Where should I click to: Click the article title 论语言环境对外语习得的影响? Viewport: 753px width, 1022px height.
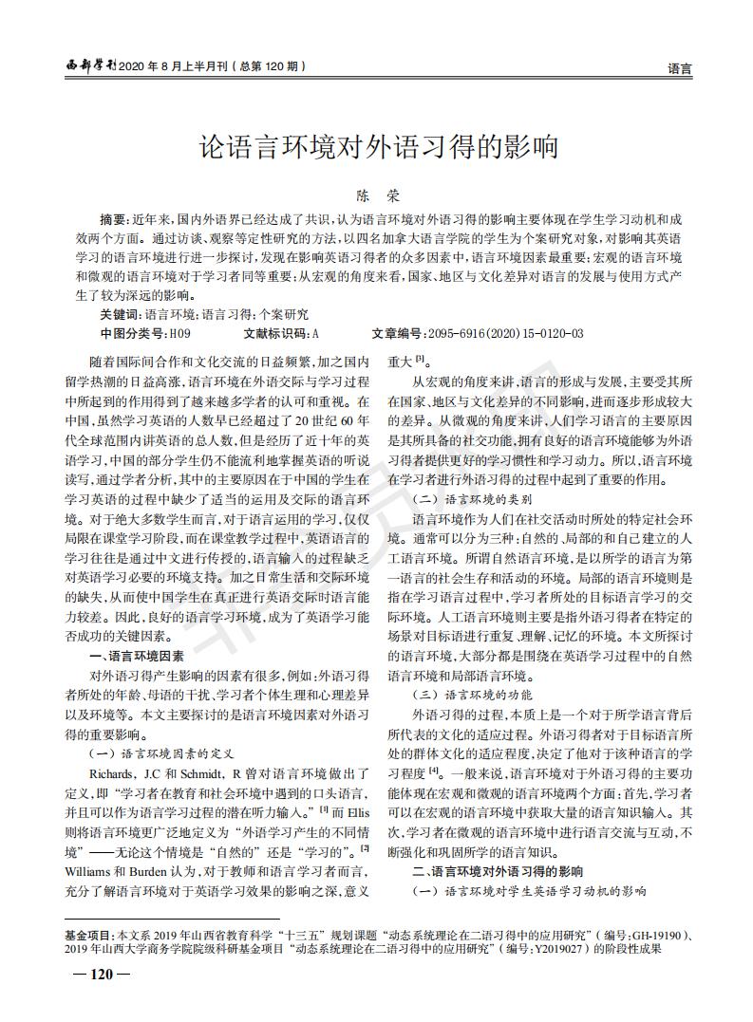click(x=376, y=147)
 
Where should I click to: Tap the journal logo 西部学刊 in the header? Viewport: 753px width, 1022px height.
click(x=90, y=66)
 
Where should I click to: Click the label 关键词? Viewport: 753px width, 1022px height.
click(x=120, y=313)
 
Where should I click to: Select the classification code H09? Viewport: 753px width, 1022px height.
click(x=179, y=333)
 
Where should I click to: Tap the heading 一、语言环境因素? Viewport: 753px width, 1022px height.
click(x=135, y=656)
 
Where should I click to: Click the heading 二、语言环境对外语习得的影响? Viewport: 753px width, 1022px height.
click(x=497, y=870)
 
